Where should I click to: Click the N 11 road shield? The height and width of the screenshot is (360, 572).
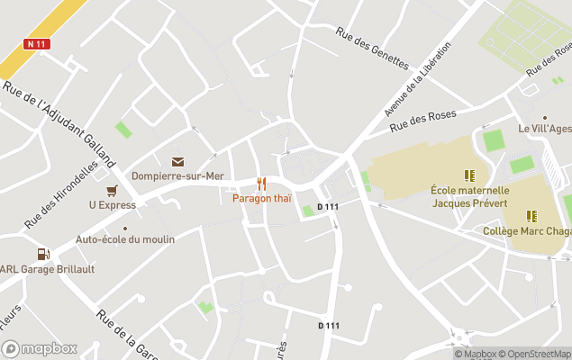tap(37, 44)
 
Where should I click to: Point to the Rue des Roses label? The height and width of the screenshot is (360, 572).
tap(423, 121)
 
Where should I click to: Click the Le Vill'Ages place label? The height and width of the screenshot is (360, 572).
tap(544, 129)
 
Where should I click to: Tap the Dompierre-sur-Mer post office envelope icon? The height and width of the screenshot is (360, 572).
tap(177, 162)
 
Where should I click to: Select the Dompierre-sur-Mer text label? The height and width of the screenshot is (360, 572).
tap(177, 176)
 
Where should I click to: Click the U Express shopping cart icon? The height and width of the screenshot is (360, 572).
tap(112, 191)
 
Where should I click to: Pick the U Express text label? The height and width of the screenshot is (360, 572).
tap(112, 205)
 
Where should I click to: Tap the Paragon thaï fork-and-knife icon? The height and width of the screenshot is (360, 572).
tap(262, 184)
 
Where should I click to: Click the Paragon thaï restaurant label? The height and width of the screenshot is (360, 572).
tap(262, 198)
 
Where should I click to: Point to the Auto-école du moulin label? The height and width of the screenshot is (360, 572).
tap(125, 239)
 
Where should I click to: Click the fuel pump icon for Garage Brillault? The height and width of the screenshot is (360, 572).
tap(42, 255)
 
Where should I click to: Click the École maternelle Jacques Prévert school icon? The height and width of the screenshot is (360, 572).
tap(469, 175)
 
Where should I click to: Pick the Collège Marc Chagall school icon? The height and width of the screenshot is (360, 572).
tap(532, 216)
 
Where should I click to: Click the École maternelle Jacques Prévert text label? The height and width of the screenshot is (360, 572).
tap(469, 196)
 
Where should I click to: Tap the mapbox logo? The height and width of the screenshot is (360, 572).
tap(40, 348)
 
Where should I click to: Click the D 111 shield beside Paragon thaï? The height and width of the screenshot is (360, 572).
tap(328, 207)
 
